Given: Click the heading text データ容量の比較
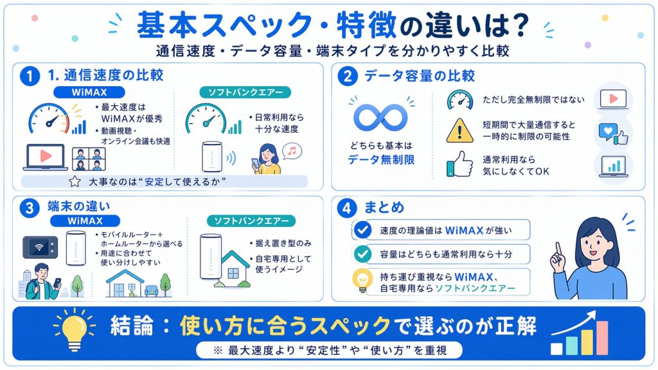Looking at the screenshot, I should (x=419, y=76).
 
